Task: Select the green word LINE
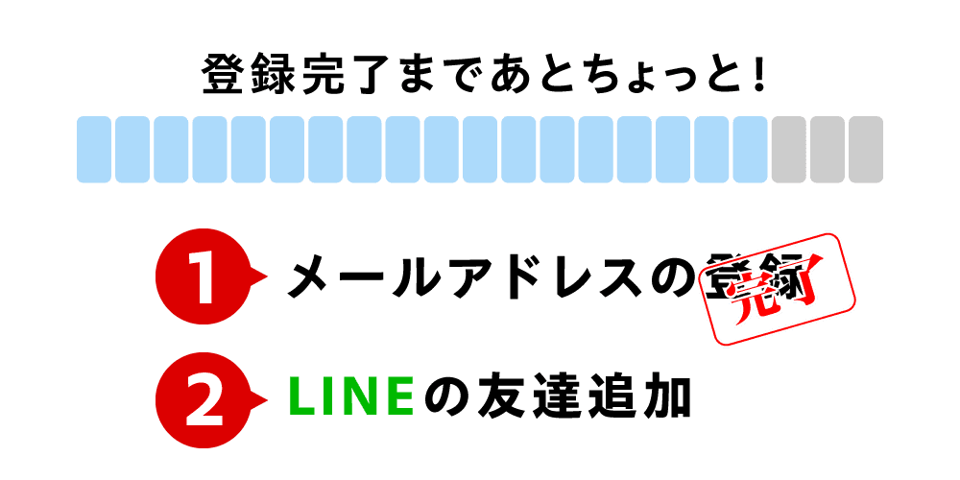[x=351, y=397]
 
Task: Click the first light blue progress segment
[x=94, y=149]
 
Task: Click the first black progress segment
[x=789, y=149]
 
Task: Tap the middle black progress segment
[x=828, y=149]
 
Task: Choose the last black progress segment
[x=866, y=149]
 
